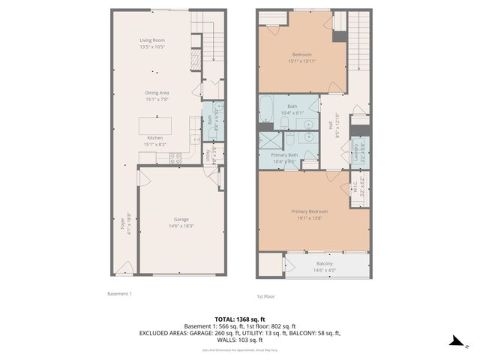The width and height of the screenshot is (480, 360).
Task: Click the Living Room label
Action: click(152, 43)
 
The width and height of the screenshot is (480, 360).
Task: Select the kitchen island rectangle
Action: click(154, 124)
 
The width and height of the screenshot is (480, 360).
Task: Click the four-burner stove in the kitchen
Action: click(175, 158)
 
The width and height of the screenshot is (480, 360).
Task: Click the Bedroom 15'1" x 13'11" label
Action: click(302, 58)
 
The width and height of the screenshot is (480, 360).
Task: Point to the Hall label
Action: click(328, 126)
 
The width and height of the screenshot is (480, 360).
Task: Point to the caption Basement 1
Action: click(118, 294)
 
